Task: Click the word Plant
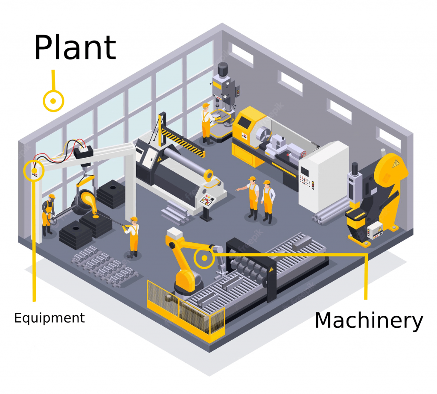pyautogui.click(x=75, y=47)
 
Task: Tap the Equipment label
pyautogui.click(x=50, y=318)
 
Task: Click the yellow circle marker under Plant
pyautogui.click(x=53, y=101)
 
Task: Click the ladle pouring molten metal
pyautogui.click(x=86, y=201)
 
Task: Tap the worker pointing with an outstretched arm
pyautogui.click(x=253, y=197)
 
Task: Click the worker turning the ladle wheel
pyautogui.click(x=48, y=214)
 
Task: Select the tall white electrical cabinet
pyautogui.click(x=323, y=175)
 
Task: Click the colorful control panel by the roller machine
pyautogui.click(x=210, y=200)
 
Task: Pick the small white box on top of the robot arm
pyautogui.click(x=174, y=233)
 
